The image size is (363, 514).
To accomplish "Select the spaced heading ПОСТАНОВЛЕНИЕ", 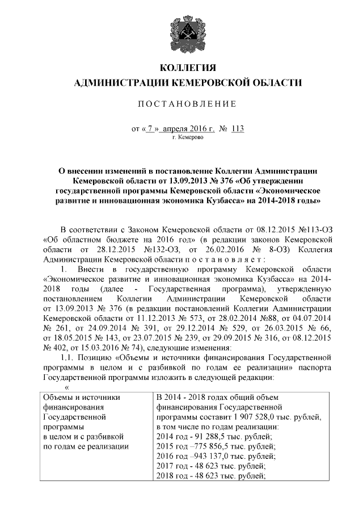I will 181,103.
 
